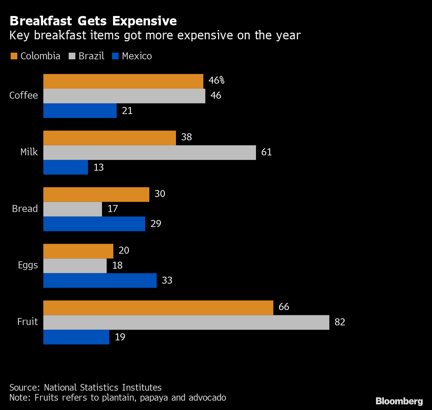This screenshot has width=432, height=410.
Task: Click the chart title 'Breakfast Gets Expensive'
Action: tap(93, 21)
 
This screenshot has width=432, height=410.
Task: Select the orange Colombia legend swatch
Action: tap(14, 56)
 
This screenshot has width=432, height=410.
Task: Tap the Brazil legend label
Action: tap(91, 56)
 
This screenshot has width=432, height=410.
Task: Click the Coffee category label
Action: tap(24, 96)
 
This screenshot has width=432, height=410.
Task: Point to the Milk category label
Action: tap(29, 152)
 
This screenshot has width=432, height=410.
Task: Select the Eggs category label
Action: tap(28, 265)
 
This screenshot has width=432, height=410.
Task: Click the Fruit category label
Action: tap(28, 322)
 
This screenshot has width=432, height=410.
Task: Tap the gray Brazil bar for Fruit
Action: tap(186, 322)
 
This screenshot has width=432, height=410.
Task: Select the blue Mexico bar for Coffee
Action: tap(80, 111)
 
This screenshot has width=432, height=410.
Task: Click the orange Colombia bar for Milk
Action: tap(109, 138)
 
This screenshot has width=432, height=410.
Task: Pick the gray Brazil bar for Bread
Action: tap(73, 209)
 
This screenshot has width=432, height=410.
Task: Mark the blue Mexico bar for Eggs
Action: tap(100, 280)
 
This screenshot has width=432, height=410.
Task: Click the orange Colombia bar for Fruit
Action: tap(158, 308)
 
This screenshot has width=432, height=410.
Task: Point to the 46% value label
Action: tap(216, 81)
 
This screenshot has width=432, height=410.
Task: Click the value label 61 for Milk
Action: tap(266, 152)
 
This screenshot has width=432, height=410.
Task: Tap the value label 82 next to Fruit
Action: tap(340, 322)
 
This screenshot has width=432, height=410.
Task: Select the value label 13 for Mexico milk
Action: tap(99, 167)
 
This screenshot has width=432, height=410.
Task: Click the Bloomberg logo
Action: tap(399, 401)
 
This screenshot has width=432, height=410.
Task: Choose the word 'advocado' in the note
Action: tap(207, 398)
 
